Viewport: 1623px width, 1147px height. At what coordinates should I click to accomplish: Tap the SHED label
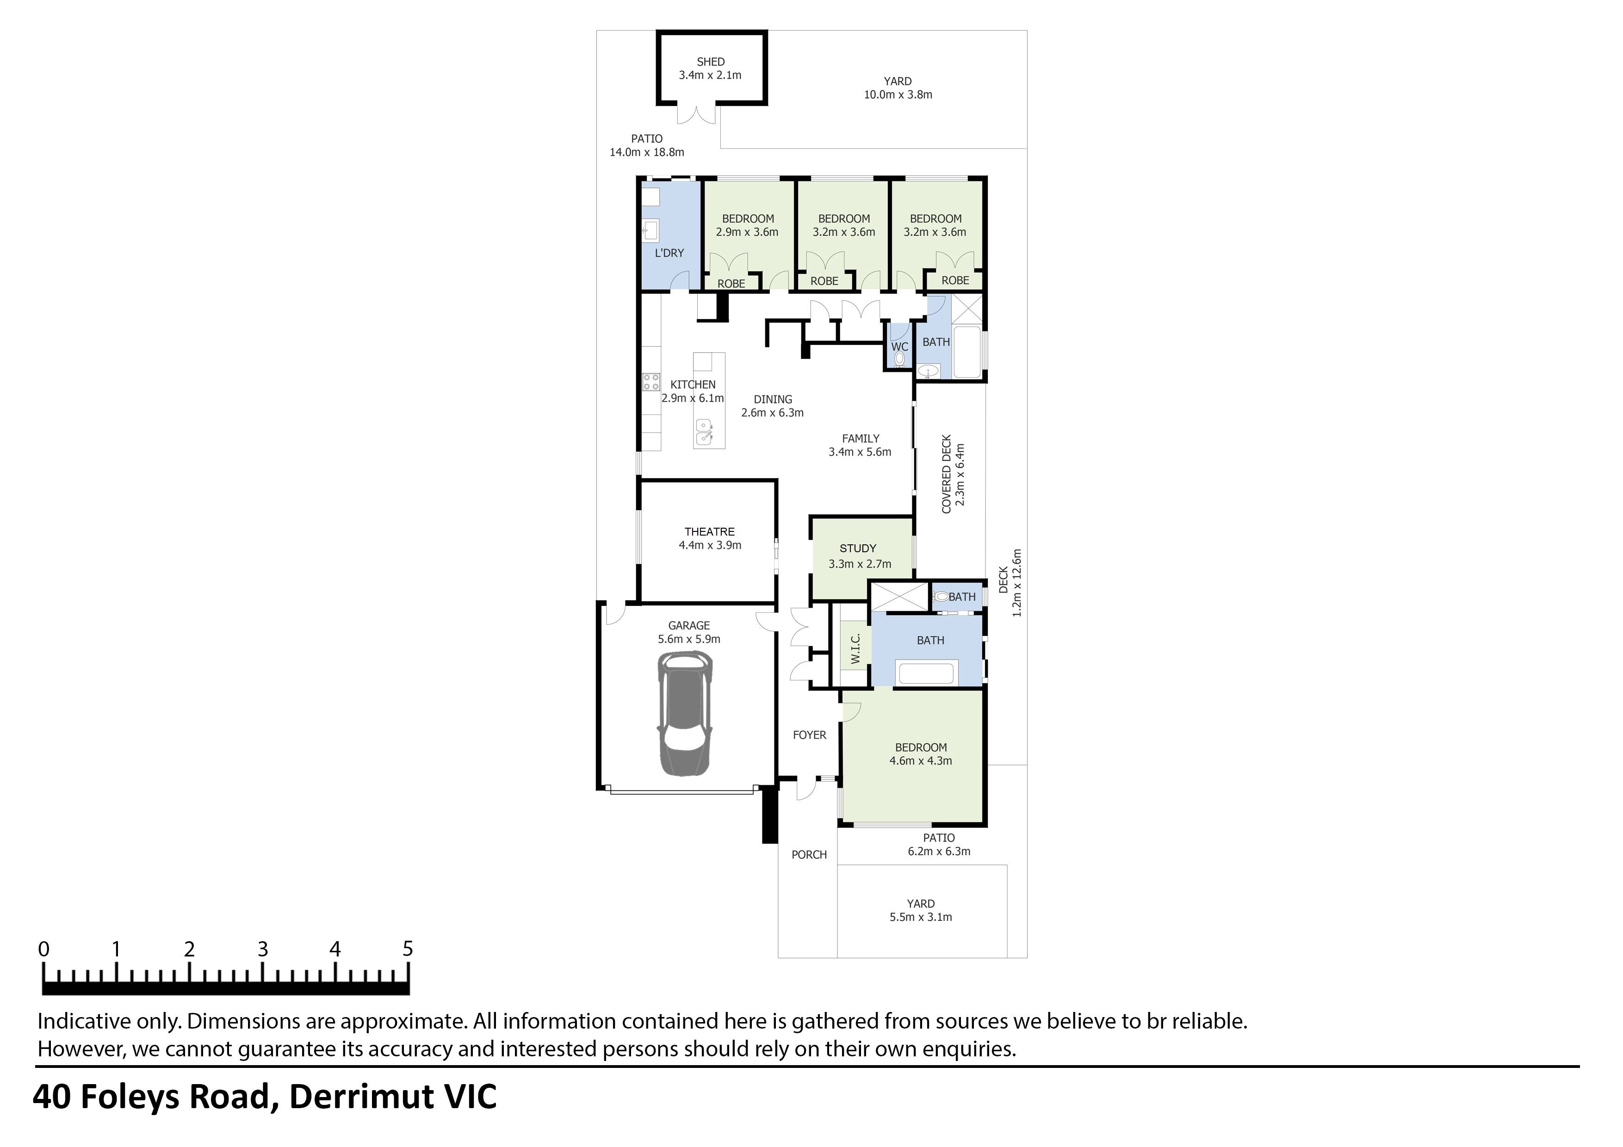(711, 62)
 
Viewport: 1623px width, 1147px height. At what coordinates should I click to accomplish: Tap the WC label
(899, 347)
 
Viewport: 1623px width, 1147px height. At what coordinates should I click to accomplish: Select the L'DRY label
(669, 253)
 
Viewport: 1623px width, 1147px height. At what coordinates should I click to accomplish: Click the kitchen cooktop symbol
(651, 382)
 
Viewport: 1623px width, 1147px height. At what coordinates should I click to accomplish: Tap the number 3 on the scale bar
(262, 949)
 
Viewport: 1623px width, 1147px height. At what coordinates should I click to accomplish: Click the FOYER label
(809, 735)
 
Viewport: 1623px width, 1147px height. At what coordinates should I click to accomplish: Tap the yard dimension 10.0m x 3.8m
(898, 95)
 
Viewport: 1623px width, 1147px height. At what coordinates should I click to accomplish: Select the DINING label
(773, 399)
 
